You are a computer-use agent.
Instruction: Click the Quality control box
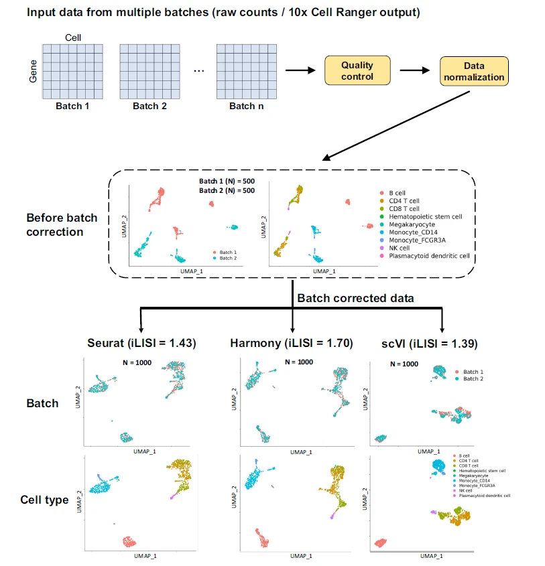click(x=357, y=70)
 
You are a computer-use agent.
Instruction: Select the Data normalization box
click(x=474, y=71)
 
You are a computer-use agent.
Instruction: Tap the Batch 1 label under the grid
click(x=72, y=106)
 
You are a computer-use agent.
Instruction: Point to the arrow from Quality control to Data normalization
click(x=413, y=70)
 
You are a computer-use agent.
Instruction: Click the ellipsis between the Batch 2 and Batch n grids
click(x=198, y=70)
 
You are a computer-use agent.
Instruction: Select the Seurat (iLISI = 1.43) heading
click(x=141, y=343)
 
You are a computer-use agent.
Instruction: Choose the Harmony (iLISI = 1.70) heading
click(x=293, y=343)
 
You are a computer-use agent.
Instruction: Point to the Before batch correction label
click(x=62, y=224)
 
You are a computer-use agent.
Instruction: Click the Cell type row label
click(x=45, y=499)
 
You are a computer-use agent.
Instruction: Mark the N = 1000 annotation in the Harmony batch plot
click(x=295, y=362)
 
